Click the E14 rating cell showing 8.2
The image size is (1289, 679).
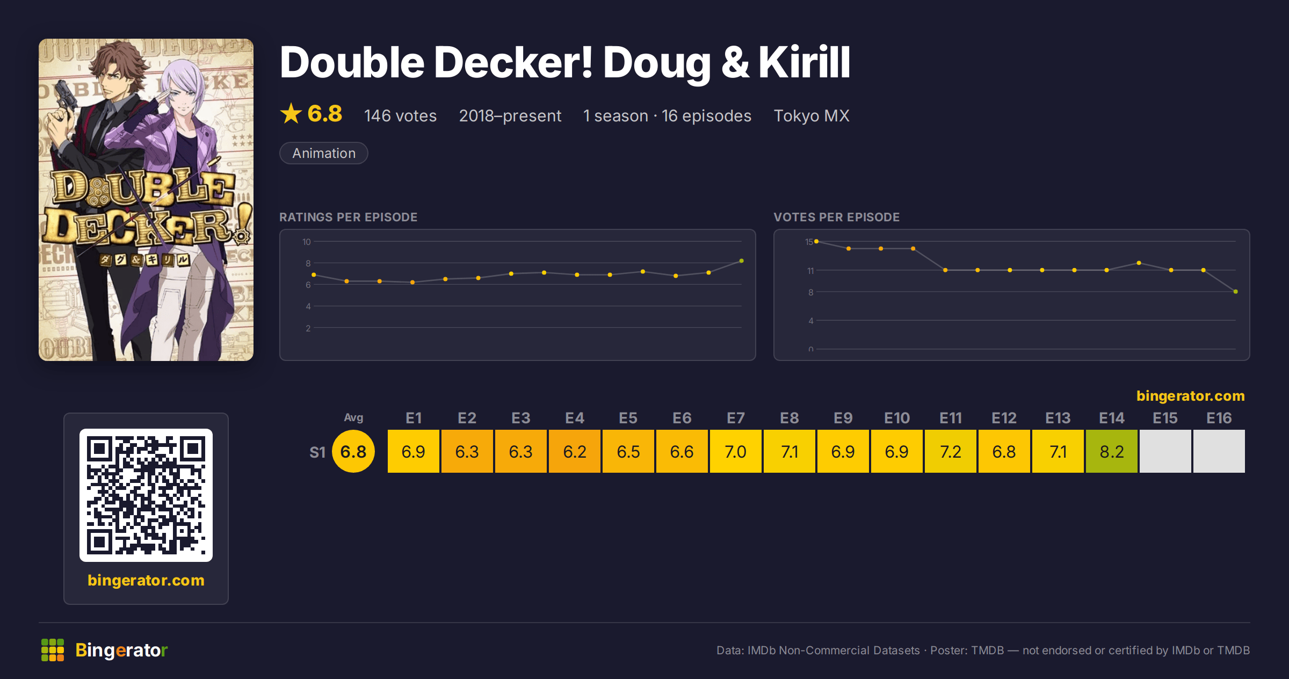click(1111, 451)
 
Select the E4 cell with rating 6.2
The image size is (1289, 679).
click(574, 451)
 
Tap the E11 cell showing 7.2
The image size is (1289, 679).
click(950, 451)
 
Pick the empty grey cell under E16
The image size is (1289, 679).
click(1219, 451)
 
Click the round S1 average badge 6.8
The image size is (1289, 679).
click(353, 451)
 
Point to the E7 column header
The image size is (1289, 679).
click(735, 418)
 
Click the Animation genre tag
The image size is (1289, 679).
click(324, 153)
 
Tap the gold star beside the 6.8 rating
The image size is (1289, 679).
click(291, 113)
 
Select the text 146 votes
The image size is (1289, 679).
click(400, 115)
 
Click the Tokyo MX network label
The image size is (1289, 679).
click(812, 115)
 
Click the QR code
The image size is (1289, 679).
click(146, 495)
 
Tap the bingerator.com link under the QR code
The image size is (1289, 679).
click(146, 580)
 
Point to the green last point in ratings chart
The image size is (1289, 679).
click(742, 261)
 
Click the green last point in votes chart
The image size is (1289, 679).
click(1236, 292)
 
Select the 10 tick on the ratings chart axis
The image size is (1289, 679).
click(306, 242)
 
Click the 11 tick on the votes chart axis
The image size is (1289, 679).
click(810, 271)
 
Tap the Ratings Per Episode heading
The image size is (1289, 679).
click(348, 217)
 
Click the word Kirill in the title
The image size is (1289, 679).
click(804, 62)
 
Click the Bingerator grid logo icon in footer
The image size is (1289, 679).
click(53, 650)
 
